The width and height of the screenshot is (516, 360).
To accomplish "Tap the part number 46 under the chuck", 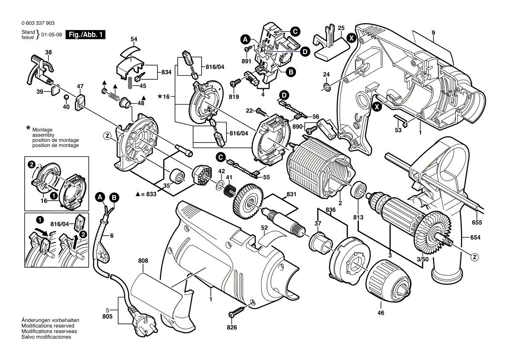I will click(x=381, y=313).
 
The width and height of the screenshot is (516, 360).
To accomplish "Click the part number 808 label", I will click(x=143, y=261).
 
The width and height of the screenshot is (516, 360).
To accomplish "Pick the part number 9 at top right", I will click(x=433, y=33).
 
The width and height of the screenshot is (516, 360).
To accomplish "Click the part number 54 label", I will click(x=134, y=39).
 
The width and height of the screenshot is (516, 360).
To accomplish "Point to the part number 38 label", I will click(x=48, y=52).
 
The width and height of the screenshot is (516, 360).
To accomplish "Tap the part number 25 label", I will click(x=341, y=28).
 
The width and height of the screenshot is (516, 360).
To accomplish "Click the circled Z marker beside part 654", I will click(x=475, y=257).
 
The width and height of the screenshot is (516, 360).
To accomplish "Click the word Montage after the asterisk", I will click(x=42, y=130).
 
